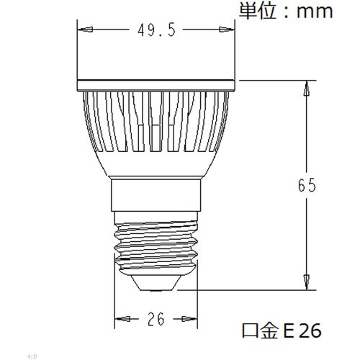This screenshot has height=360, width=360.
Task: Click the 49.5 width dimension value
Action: point(154,30)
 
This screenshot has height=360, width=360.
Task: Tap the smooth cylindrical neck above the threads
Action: point(156,195)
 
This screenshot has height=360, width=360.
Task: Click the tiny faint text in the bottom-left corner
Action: point(30,356)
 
